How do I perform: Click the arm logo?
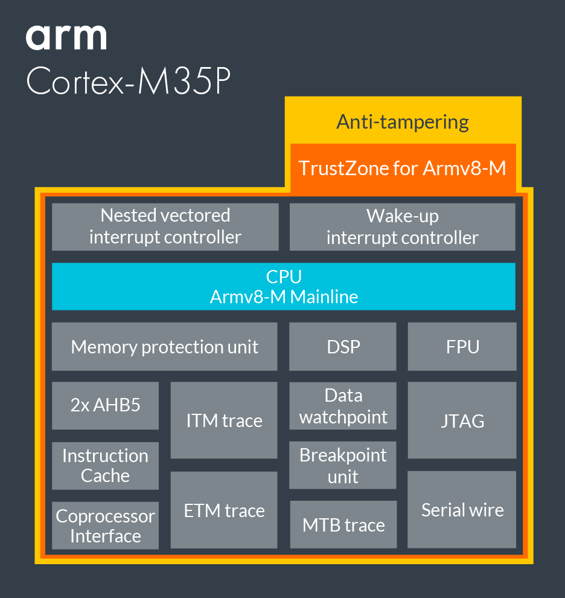coord(66,37)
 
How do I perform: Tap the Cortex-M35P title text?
coord(129,81)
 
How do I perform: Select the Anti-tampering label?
coord(403,122)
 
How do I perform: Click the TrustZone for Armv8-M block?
coord(403,168)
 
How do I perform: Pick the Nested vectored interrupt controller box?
coord(165,227)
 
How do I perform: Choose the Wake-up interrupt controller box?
coord(403,227)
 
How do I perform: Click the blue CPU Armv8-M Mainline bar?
coord(284,286)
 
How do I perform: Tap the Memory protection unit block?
coord(164,347)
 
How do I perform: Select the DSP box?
coord(343,347)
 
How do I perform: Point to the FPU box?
coord(462,347)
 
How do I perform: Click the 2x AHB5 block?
coord(106,405)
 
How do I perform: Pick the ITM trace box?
coord(224,420)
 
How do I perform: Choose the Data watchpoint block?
coord(343,406)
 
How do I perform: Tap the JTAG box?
coord(462,420)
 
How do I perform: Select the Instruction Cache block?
coord(106,465)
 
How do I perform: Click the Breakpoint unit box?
coord(343,465)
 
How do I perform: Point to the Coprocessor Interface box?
coord(106,526)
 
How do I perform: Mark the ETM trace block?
coord(224,510)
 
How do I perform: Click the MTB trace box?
coord(343,525)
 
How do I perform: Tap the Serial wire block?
coord(462,510)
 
